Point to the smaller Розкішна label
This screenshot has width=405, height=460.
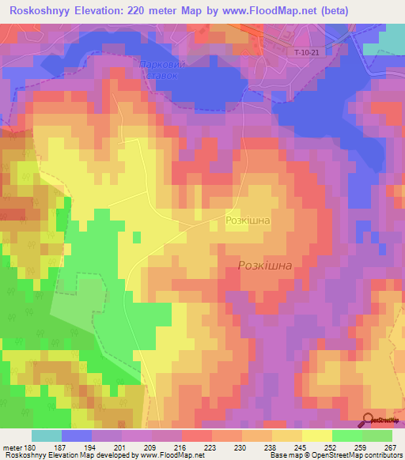coord(248,222)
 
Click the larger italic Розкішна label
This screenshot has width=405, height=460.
coord(265,266)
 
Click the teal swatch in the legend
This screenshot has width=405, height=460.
coord(47,435)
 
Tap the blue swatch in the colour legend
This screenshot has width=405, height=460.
coord(77,435)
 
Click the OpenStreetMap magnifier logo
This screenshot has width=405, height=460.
coord(368,419)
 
